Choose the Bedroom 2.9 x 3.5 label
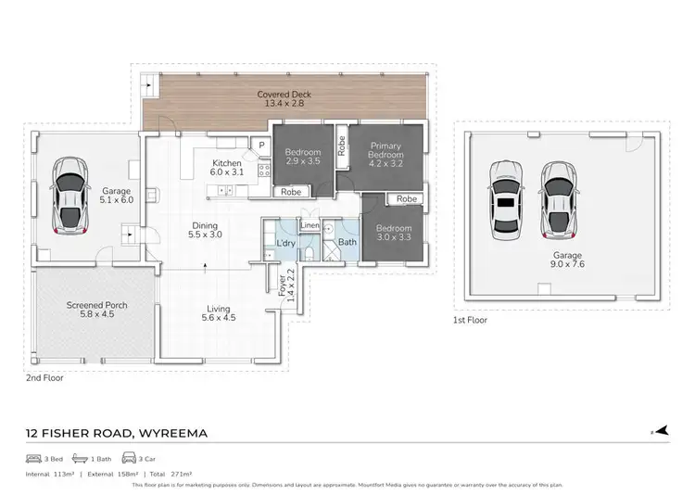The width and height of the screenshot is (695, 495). pos(302,158)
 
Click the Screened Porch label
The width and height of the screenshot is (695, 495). pos(96,311)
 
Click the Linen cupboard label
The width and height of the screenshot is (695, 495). pos(310,226)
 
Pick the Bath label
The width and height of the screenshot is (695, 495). pos(347,243)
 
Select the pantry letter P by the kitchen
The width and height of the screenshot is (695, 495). pos(262,146)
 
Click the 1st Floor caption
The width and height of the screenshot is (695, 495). pos(470,321)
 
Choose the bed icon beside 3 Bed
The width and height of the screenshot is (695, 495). pos(34,459)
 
